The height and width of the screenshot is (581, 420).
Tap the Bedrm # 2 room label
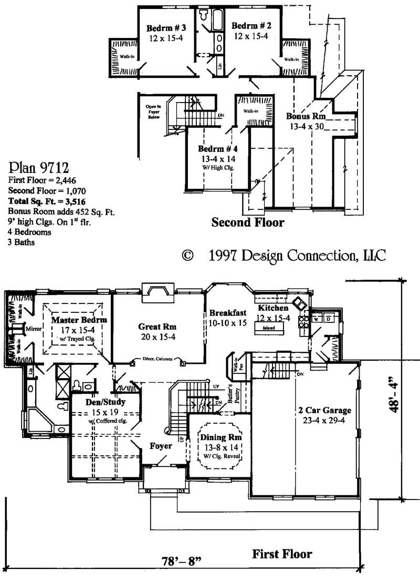(251, 26)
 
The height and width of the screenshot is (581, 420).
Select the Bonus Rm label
(306, 116)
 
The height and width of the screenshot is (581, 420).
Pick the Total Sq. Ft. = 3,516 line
(48, 201)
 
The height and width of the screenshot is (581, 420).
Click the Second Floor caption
(248, 222)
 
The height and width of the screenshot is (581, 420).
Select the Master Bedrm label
(79, 320)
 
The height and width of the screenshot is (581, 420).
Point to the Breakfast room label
(227, 313)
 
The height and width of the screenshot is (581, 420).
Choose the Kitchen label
(272, 308)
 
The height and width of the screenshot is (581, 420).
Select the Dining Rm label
(220, 437)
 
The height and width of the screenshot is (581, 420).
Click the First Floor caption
(282, 554)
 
